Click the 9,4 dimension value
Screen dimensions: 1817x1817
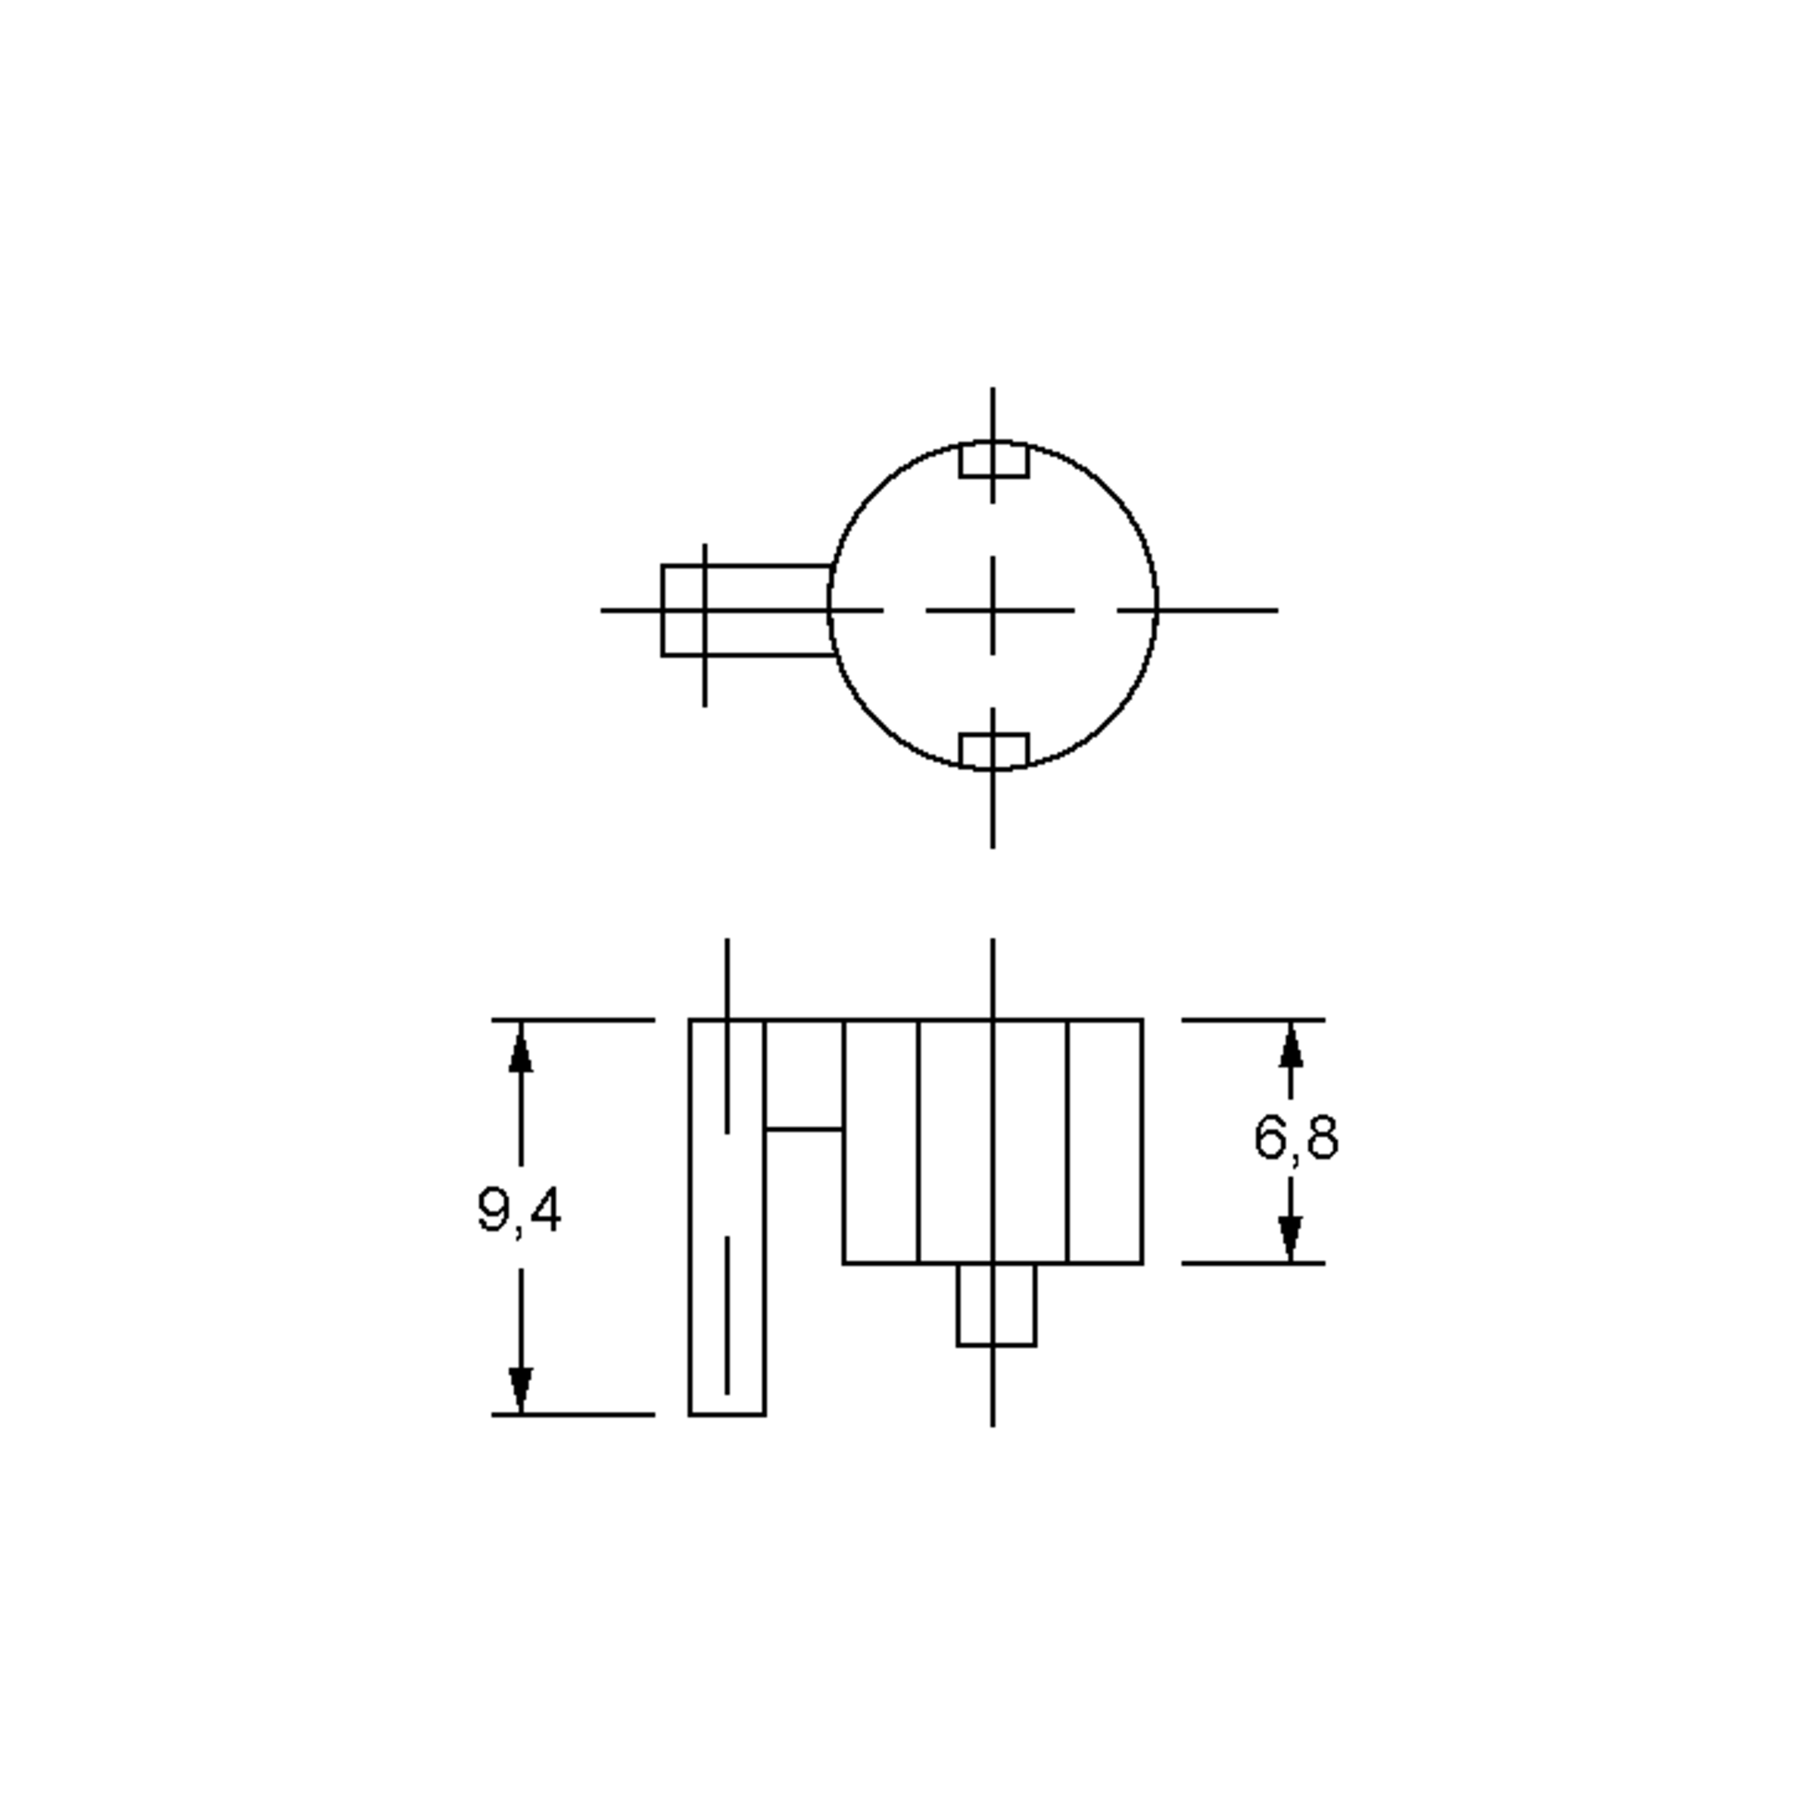point(519,1211)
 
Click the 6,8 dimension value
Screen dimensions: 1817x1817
point(1296,1137)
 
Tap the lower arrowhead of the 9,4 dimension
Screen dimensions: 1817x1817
point(520,1388)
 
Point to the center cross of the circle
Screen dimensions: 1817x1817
point(993,610)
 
